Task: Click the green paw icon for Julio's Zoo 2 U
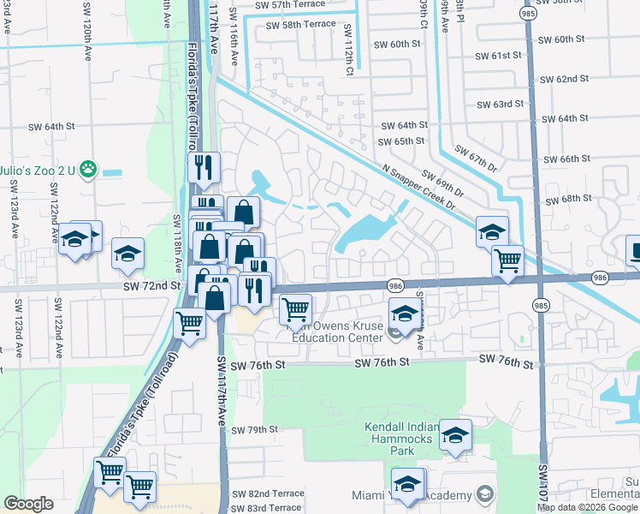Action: (86, 170)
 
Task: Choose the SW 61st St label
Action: (499, 56)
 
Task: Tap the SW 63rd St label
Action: (500, 105)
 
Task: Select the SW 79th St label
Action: (255, 429)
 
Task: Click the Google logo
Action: (28, 504)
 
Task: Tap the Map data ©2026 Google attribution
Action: (587, 507)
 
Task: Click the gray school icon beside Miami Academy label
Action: (485, 495)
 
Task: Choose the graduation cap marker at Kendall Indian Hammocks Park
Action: (456, 436)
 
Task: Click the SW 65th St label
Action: (403, 140)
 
